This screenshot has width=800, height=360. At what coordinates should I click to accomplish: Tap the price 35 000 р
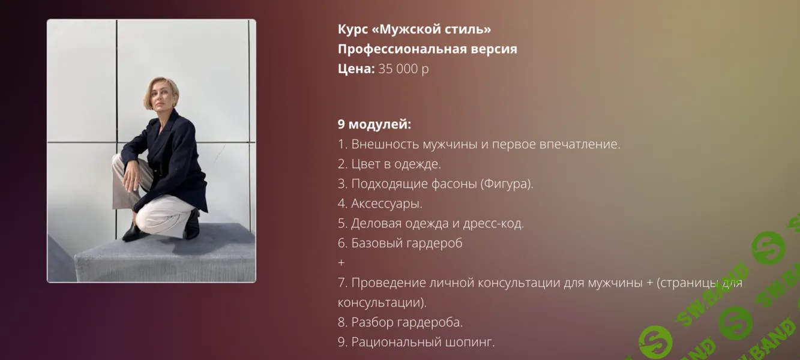point(403,68)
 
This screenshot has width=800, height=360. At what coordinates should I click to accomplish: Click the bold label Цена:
point(356,68)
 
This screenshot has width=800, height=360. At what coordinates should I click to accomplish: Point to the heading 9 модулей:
point(374,124)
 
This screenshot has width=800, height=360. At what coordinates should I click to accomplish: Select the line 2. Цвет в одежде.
point(389,164)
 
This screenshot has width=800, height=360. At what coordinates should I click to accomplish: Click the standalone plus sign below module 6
point(341,263)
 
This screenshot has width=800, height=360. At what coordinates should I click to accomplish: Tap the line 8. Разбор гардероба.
point(400,322)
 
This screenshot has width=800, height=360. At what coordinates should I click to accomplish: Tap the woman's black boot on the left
point(133,230)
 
